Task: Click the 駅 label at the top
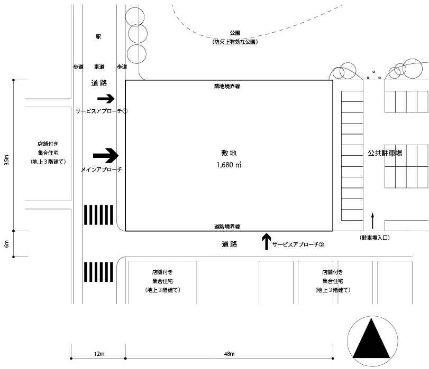coord(98,37)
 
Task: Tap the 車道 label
coord(99,67)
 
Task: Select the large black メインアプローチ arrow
coord(106,155)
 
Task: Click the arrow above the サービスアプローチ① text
coord(106,98)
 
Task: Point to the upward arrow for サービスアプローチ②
coord(266,241)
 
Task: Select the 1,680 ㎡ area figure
coord(229,165)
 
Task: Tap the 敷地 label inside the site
coord(229,153)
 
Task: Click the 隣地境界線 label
coord(227,86)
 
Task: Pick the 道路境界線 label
coord(227,226)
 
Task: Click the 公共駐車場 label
coord(385,153)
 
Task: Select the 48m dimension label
coord(229,353)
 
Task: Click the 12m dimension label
coord(98,353)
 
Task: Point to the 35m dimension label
coord(6,160)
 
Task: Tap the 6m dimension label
coord(6,244)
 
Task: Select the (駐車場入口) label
coord(375,238)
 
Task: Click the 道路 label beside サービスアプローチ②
coord(230,245)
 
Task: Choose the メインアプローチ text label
coord(102,169)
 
